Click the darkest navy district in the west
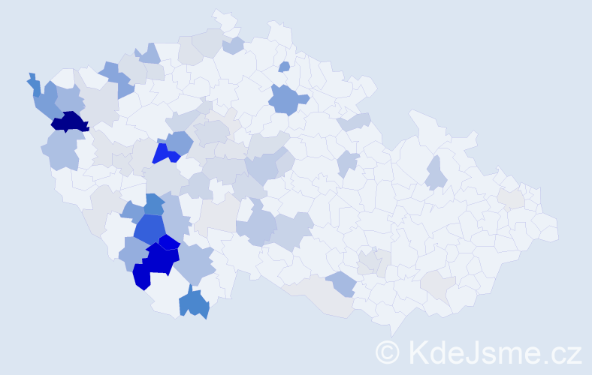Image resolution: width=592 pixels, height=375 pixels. (x=70, y=121)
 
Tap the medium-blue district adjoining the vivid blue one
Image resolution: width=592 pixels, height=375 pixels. (x=180, y=142)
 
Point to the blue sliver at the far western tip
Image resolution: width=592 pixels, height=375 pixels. (x=35, y=84)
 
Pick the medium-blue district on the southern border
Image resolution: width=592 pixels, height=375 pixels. (x=194, y=303)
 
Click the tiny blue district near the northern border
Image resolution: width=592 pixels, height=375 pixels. (x=284, y=67)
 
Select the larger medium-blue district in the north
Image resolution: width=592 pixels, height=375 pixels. (x=287, y=100)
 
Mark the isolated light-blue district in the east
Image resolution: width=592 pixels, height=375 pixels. (x=435, y=175)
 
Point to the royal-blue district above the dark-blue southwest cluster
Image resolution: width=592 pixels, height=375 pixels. (x=150, y=230)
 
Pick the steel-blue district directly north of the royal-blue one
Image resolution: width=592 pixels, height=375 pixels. (x=153, y=204)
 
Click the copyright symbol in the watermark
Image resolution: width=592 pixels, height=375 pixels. (x=388, y=352)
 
